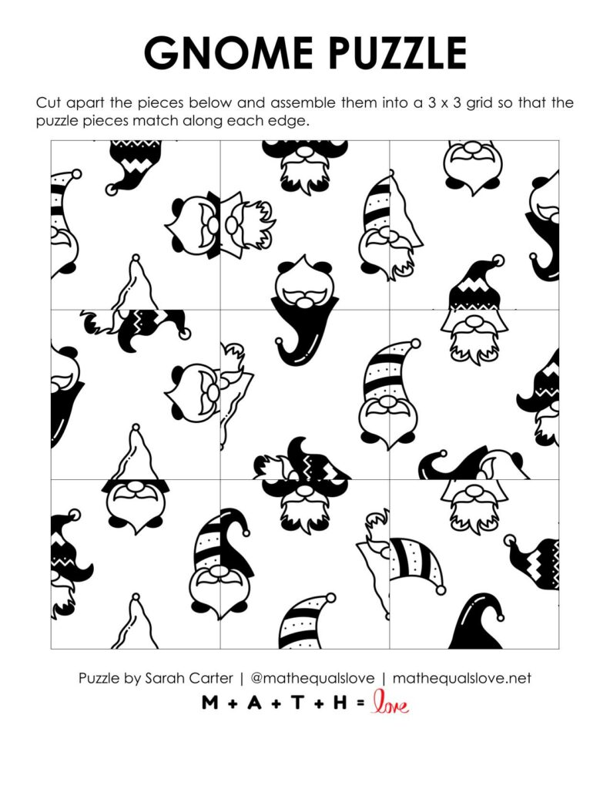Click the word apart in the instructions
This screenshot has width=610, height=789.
tap(86, 103)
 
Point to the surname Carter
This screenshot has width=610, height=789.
tap(215, 679)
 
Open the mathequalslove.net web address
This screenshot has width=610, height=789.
tap(462, 679)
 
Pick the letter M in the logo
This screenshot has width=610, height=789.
tap(209, 703)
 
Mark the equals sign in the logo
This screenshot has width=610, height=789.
tap(360, 703)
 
